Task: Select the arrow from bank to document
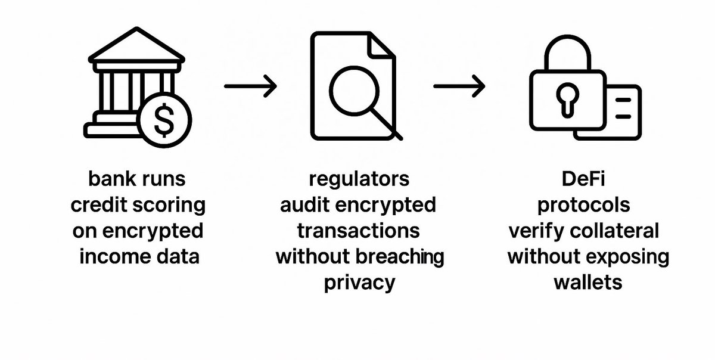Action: [251, 86]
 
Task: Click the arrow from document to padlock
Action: [459, 86]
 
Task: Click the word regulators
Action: [359, 178]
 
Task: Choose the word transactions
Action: [359, 231]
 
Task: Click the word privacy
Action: [359, 283]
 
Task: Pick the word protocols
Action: [583, 205]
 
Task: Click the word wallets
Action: [588, 283]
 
